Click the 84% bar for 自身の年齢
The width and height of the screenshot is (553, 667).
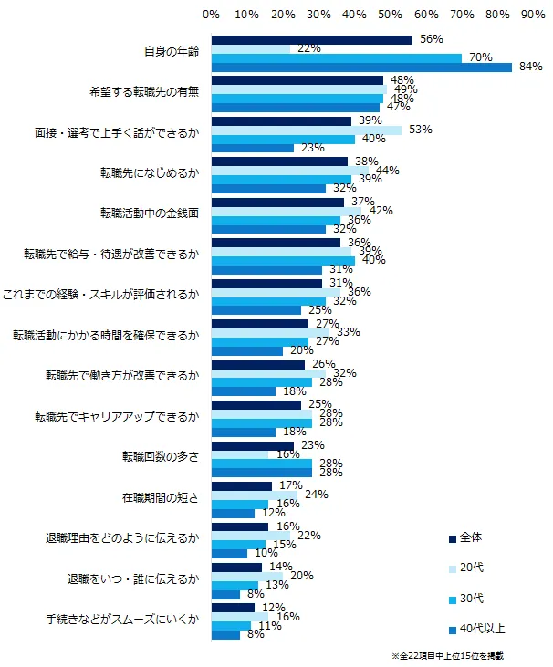coord(361,67)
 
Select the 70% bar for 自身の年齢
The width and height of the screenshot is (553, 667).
coord(337,57)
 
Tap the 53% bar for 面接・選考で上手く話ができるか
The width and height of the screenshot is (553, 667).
coord(307,130)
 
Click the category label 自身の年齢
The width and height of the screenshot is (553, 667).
coord(172,53)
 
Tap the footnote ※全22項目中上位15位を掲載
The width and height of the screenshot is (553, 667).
coord(447,656)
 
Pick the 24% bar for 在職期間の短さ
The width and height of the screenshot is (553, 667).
coord(254,495)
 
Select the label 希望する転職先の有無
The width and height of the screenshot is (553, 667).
coord(144,93)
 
